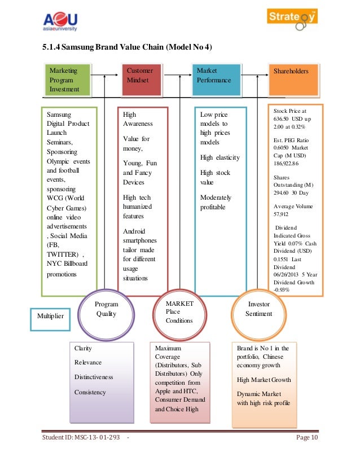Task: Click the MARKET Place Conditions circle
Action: pos(181,312)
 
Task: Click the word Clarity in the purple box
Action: pos(83,349)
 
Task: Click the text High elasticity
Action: pos(220,157)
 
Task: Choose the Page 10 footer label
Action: pos(306,439)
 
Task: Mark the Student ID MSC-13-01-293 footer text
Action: pos(82,439)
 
